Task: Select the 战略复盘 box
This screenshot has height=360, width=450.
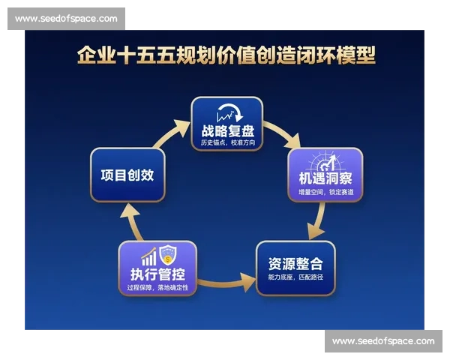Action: [x=226, y=123]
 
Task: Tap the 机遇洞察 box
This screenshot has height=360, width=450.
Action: [x=325, y=175]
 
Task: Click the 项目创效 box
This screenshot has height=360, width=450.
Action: [x=127, y=175]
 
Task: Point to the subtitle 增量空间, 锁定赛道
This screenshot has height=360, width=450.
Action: [x=325, y=193]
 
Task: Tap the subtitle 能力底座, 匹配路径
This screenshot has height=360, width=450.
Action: [x=295, y=278]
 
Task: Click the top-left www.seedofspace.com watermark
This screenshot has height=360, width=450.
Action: [x=66, y=19]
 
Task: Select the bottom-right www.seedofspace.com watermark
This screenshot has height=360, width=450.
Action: [x=383, y=341]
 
